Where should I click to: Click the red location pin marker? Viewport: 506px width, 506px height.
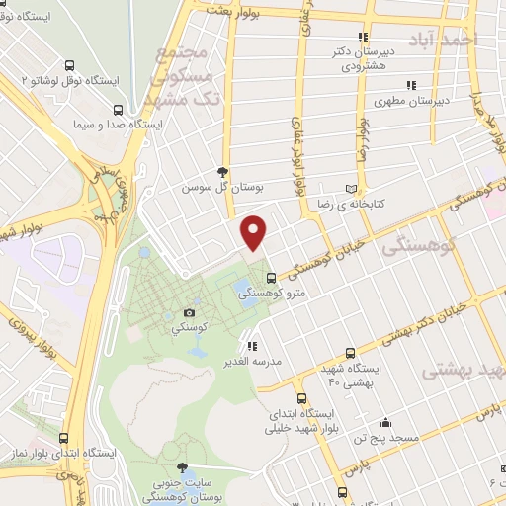click(255, 233)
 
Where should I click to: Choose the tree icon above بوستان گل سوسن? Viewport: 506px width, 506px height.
click(223, 171)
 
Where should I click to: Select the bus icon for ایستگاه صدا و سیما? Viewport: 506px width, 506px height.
click(118, 111)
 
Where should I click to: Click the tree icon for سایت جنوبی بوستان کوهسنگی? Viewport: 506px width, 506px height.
click(181, 467)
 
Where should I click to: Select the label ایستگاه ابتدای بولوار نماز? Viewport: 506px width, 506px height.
click(67, 452)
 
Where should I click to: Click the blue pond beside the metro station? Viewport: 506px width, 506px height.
click(241, 290)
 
